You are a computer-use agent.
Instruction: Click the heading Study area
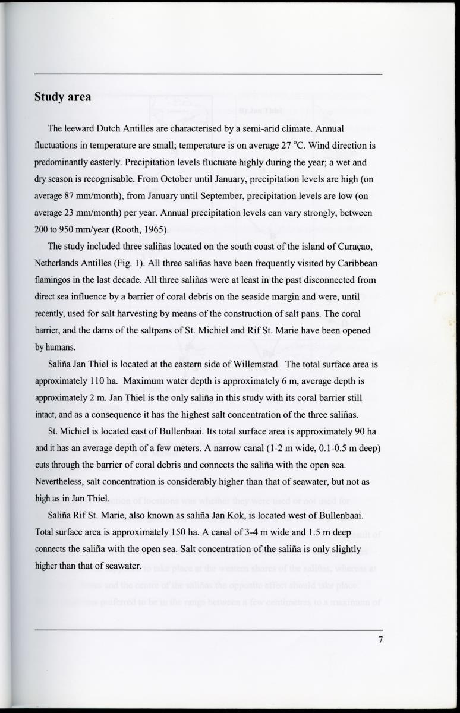point(62,97)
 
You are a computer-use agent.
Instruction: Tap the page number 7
point(379,640)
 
